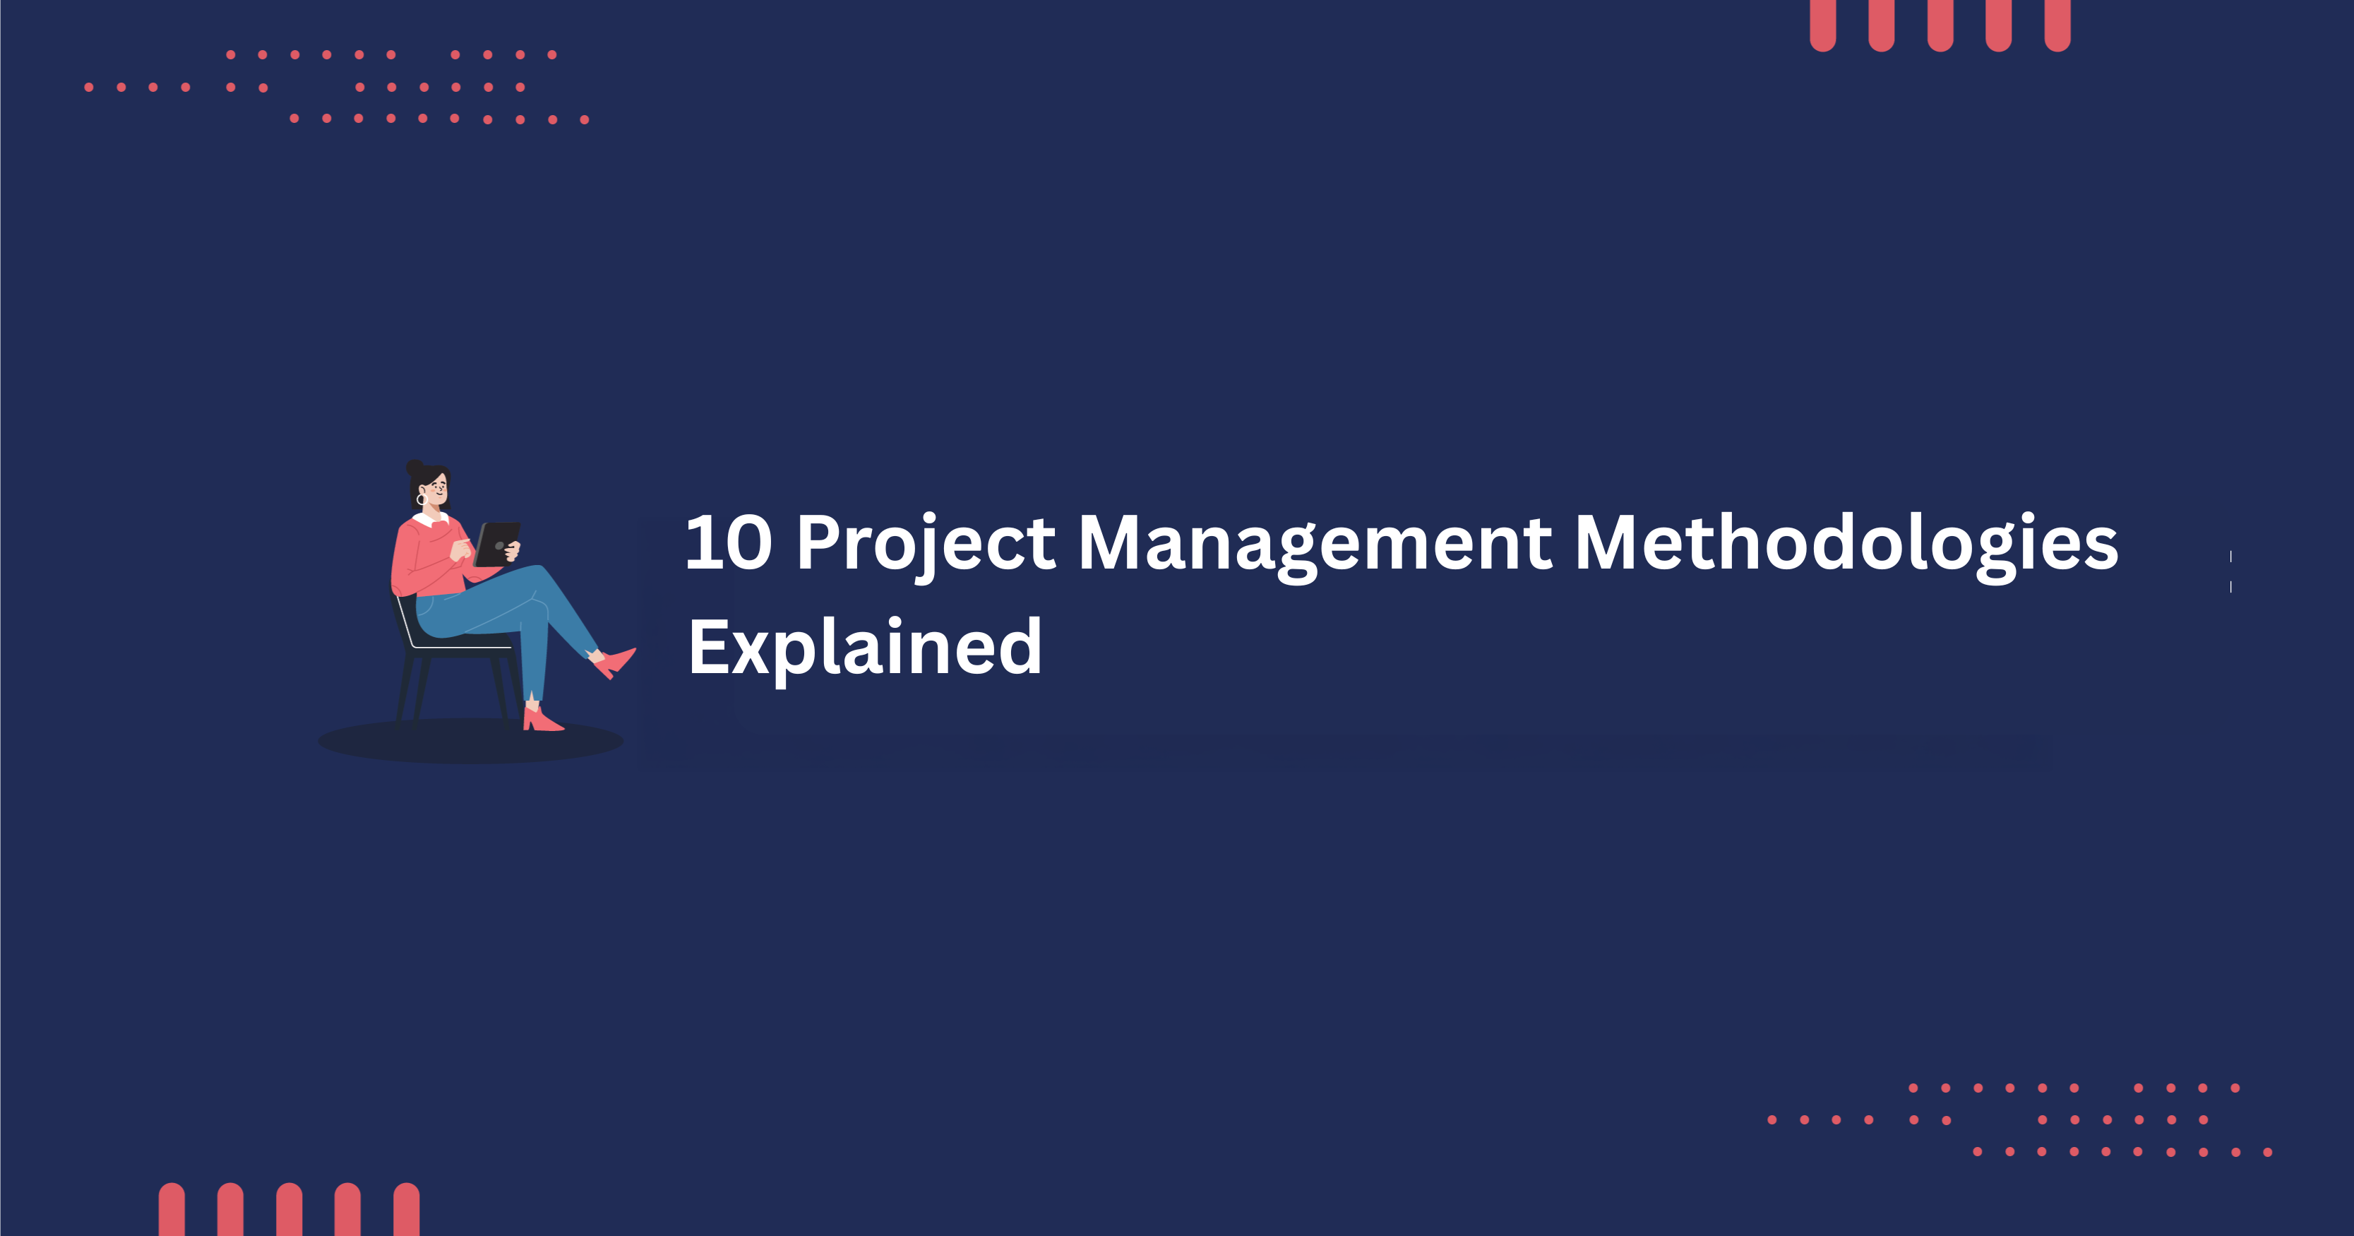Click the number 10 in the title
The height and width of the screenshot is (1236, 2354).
729,543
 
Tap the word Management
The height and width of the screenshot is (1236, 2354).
1315,545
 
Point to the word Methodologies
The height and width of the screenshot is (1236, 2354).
1845,543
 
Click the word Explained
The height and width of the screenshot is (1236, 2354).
864,647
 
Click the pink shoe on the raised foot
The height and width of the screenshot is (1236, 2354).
616,661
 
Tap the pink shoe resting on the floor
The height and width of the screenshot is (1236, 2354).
542,720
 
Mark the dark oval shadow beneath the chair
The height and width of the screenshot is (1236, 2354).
471,742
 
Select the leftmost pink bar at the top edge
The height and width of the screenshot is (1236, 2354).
1823,25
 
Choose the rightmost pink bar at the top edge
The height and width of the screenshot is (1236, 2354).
2057,25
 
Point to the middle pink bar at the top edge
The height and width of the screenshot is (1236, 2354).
1940,25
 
